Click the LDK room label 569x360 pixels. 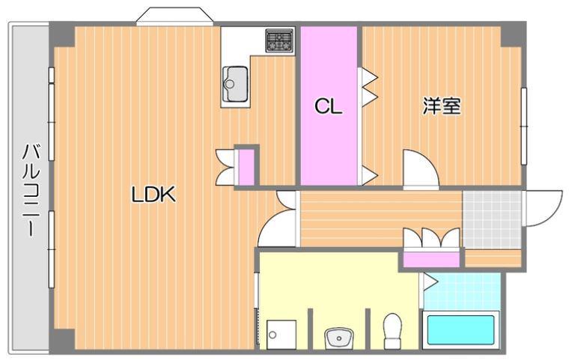(x=153, y=194)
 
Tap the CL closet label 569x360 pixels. (x=328, y=106)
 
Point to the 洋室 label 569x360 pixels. (x=442, y=106)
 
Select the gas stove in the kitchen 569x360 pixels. (x=279, y=40)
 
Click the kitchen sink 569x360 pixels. (x=235, y=85)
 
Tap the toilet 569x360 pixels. (x=392, y=330)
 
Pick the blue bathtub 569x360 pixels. (x=460, y=330)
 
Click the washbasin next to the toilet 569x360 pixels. (x=338, y=338)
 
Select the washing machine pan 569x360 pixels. (x=281, y=335)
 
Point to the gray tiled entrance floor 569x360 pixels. (x=492, y=219)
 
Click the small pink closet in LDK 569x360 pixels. (x=246, y=167)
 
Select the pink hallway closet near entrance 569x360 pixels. (x=431, y=259)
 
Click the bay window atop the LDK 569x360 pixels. (x=174, y=16)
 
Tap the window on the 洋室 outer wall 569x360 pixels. (x=523, y=126)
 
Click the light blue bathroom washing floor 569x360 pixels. (x=462, y=291)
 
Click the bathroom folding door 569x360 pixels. (x=428, y=281)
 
